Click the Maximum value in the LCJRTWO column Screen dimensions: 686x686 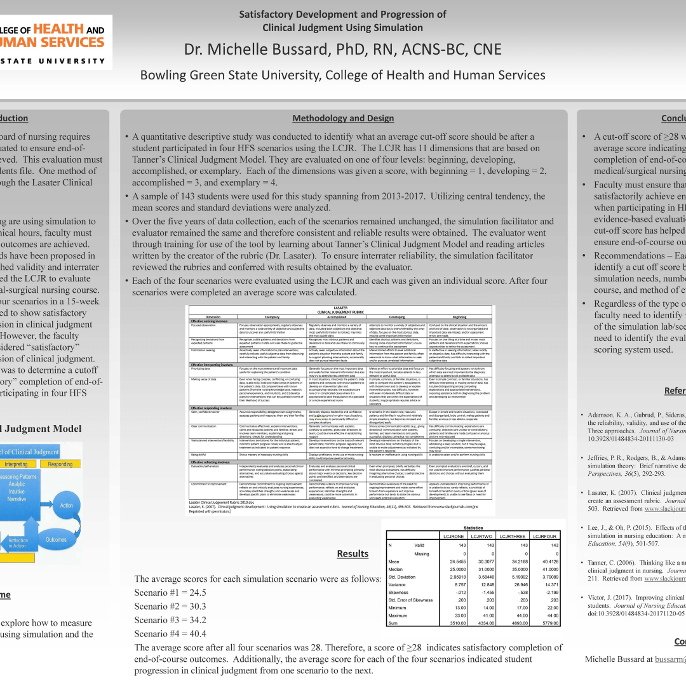tap(485, 615)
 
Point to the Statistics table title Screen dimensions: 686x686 tap(473, 528)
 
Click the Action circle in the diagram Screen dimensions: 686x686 tap(67, 506)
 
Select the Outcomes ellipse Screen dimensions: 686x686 tap(56, 540)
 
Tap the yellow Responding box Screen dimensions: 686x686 tap(61, 464)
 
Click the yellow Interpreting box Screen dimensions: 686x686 tap(17, 464)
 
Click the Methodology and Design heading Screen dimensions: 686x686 tap(343, 118)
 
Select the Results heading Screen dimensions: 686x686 tap(353, 554)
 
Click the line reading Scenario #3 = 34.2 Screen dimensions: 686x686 tap(170, 620)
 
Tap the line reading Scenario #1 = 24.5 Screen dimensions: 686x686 tap(170, 593)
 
